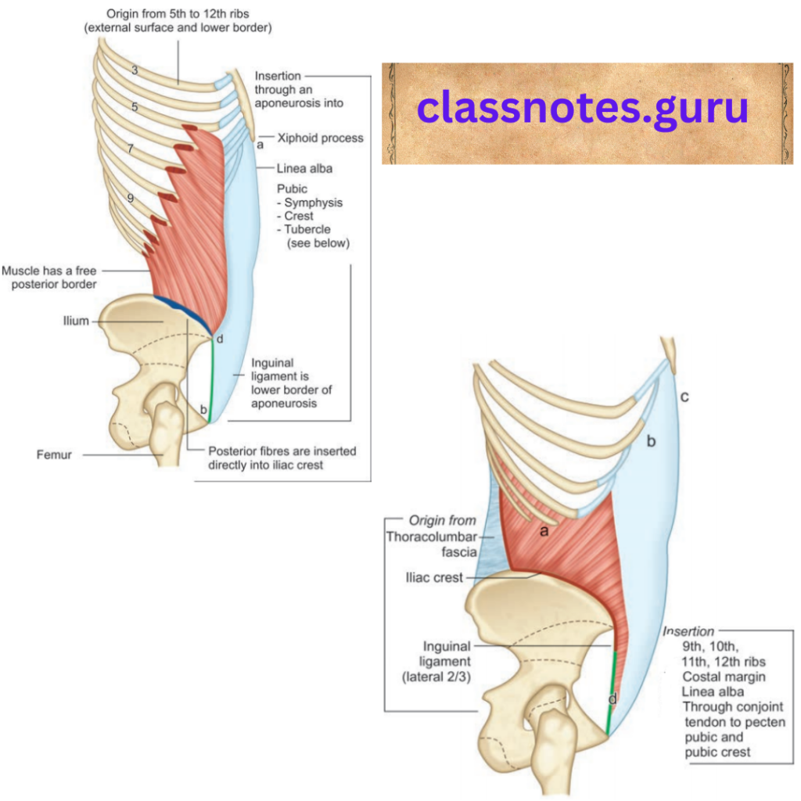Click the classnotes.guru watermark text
582,109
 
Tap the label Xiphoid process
320,138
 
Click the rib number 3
135,70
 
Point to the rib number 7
131,148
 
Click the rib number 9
130,199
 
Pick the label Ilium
76,321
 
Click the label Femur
54,454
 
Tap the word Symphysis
313,203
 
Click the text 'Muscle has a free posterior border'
49,277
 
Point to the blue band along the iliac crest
181,311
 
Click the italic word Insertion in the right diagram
688,631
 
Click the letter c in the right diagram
684,397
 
